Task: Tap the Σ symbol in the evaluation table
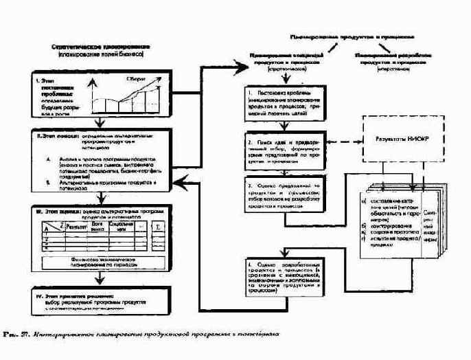click(159, 227)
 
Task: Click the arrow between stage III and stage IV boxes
click(102, 277)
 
